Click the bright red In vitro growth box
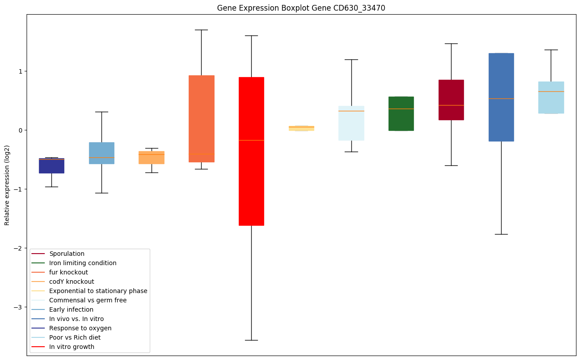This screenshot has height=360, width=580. pyautogui.click(x=251, y=151)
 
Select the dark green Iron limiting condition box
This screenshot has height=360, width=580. pyautogui.click(x=401, y=113)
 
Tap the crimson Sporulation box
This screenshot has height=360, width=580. pyautogui.click(x=451, y=100)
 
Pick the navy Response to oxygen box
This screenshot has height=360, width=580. pyautogui.click(x=51, y=166)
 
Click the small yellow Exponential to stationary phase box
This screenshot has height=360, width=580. pyautogui.click(x=301, y=128)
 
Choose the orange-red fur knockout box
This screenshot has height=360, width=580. pyautogui.click(x=201, y=119)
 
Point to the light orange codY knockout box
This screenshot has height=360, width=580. pyautogui.click(x=152, y=157)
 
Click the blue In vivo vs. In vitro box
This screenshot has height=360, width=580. pyautogui.click(x=501, y=97)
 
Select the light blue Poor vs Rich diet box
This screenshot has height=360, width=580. pyautogui.click(x=551, y=98)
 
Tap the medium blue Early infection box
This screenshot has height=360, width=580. pyautogui.click(x=101, y=153)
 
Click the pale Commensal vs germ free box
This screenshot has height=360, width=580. pyautogui.click(x=351, y=123)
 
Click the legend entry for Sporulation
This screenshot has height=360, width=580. pyautogui.click(x=67, y=254)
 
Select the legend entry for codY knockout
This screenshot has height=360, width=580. pyautogui.click(x=72, y=282)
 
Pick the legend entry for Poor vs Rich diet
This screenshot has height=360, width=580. pyautogui.click(x=75, y=337)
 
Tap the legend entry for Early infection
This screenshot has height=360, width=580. pyautogui.click(x=71, y=309)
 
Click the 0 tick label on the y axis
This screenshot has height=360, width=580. pyautogui.click(x=20, y=130)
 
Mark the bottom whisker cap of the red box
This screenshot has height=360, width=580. pyautogui.click(x=251, y=340)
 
